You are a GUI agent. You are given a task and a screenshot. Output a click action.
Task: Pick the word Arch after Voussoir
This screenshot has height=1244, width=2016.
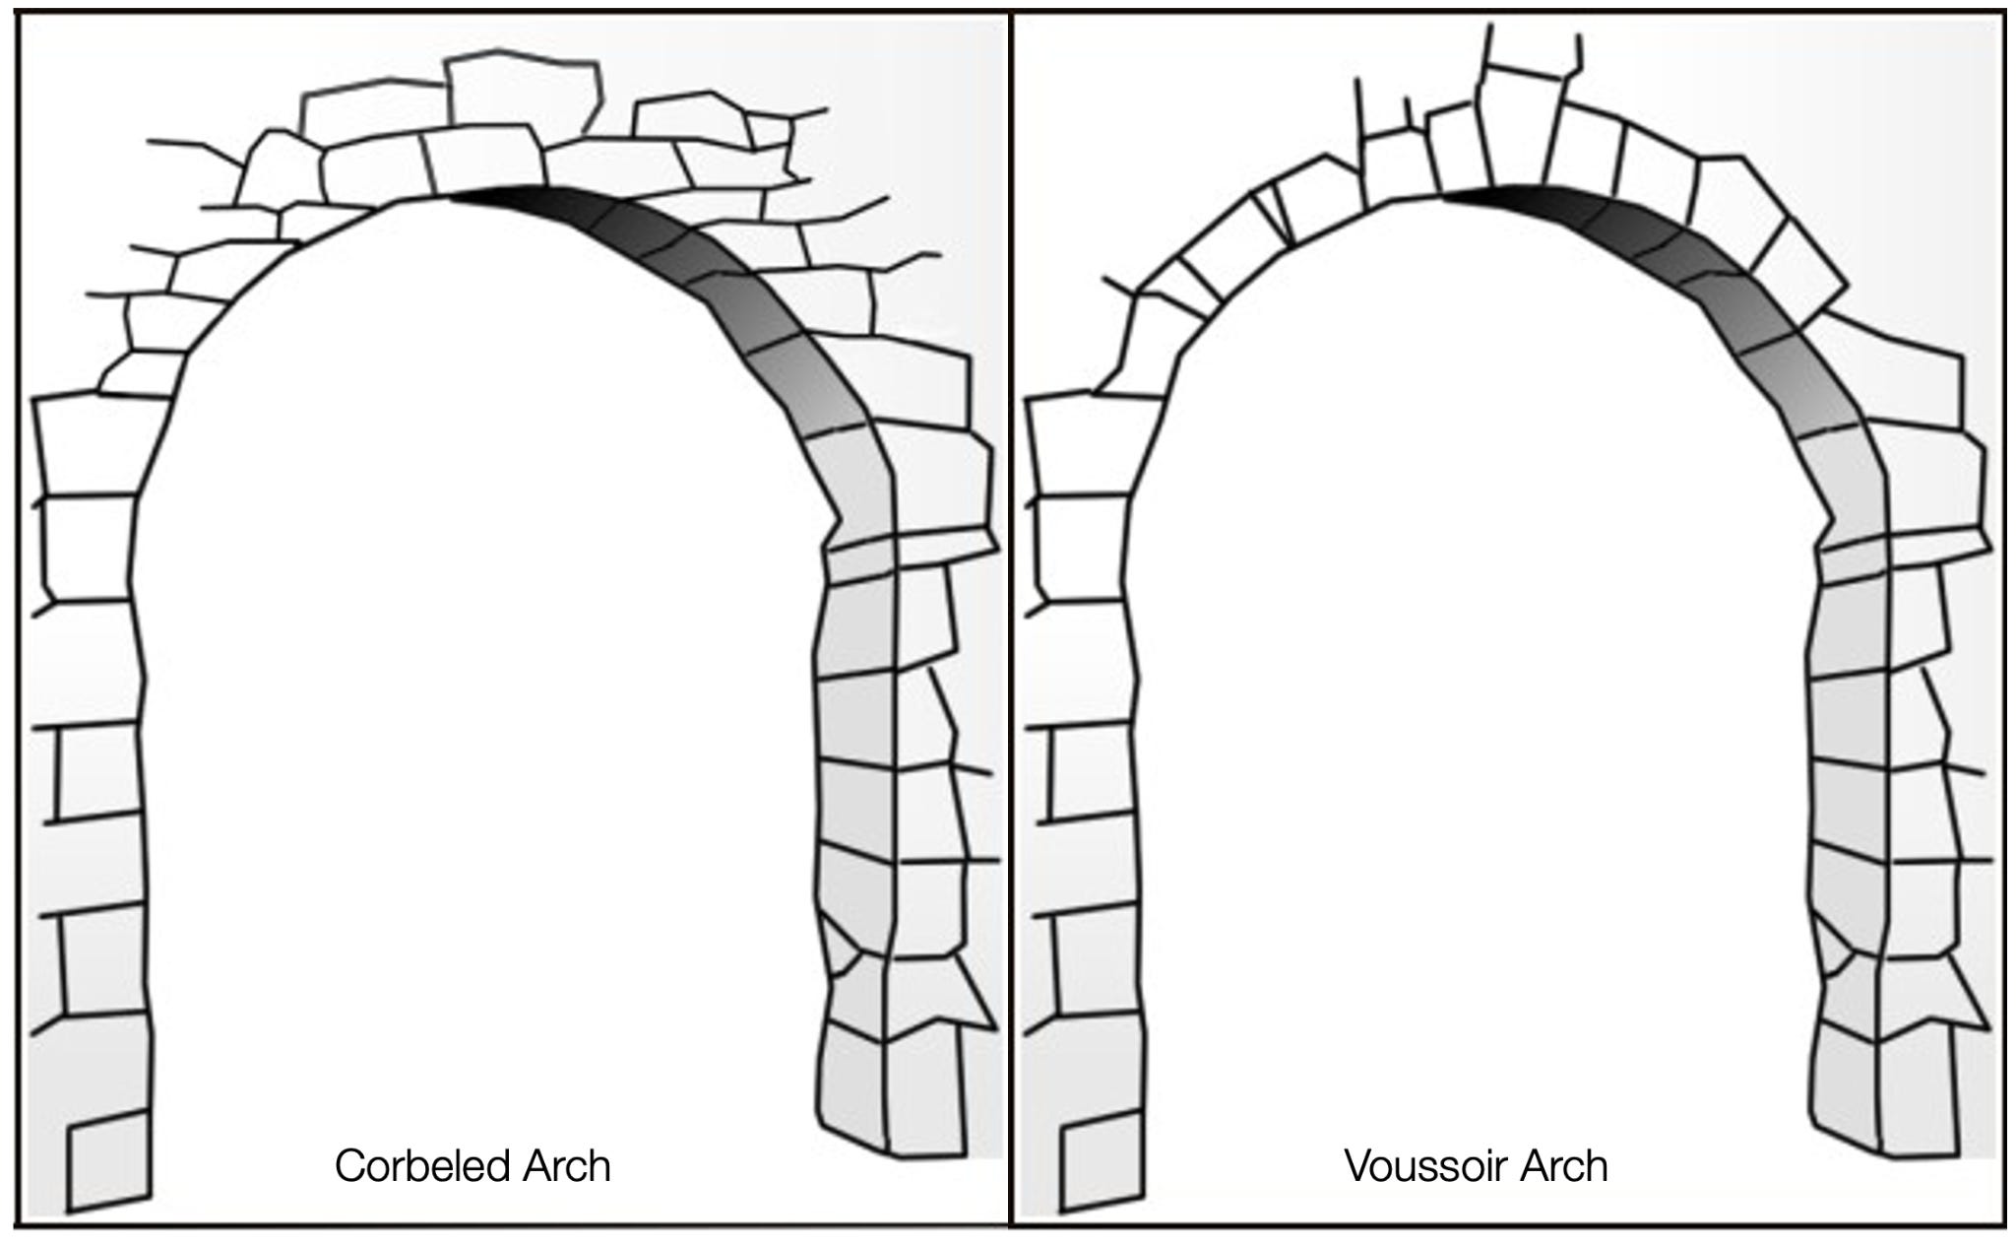pos(1564,1167)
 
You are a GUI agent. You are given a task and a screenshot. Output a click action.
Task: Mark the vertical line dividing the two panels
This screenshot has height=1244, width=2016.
pos(1009,621)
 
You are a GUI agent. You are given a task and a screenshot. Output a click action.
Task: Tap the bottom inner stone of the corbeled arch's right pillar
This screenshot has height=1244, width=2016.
pos(852,1088)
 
